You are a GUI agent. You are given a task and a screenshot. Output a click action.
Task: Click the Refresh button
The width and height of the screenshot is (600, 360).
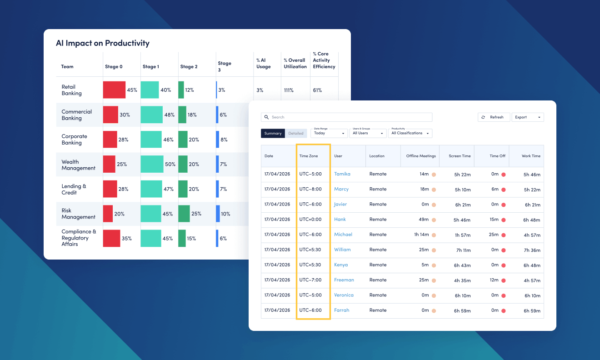[493, 117]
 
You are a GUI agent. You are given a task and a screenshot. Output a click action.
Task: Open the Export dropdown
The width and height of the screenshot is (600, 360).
[527, 117]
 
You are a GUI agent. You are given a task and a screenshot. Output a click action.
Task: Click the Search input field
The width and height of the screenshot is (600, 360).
[346, 117]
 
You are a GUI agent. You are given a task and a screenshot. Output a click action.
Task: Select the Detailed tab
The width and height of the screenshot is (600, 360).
[296, 133]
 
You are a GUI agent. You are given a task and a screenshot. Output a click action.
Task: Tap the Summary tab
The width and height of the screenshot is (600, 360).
[273, 133]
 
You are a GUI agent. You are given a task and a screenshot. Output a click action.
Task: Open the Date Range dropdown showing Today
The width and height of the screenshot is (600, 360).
[329, 133]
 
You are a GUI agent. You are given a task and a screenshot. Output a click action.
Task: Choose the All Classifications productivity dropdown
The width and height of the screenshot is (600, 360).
[410, 133]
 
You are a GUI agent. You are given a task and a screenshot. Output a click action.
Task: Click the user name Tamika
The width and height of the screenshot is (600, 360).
[342, 174]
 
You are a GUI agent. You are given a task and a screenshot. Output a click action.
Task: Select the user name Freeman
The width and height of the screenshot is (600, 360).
[344, 280]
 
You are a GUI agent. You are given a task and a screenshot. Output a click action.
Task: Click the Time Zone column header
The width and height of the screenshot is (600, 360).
[309, 156]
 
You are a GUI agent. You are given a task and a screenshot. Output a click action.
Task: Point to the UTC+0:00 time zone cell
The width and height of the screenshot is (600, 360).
[310, 220]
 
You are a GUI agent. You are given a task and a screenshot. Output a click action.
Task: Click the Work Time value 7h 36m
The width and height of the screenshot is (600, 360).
[532, 250]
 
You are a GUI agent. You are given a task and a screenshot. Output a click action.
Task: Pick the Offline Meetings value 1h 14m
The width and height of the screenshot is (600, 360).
[421, 235]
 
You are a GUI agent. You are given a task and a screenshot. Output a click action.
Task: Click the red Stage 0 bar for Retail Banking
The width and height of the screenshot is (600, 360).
[114, 90]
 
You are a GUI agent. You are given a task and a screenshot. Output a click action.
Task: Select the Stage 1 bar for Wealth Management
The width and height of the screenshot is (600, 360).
[152, 164]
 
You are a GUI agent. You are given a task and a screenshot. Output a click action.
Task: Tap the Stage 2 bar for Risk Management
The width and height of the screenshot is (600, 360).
[184, 214]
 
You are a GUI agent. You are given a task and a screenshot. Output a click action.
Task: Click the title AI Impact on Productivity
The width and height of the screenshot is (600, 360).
[103, 44]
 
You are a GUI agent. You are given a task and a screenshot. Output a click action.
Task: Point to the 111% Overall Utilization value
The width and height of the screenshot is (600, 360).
[289, 90]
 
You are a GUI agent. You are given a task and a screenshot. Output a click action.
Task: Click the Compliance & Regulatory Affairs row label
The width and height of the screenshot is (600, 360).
[79, 238]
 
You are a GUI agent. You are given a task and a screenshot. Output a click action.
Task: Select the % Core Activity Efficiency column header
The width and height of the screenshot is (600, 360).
[324, 60]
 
